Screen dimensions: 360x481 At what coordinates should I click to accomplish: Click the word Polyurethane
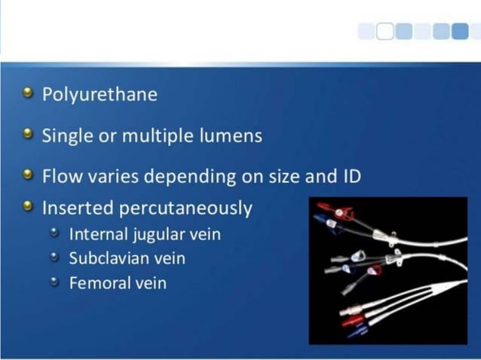click(100, 95)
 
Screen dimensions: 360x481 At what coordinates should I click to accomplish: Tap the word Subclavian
click(107, 258)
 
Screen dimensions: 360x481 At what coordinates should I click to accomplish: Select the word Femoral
click(99, 283)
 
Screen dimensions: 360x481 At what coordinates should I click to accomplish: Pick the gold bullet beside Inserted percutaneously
click(29, 206)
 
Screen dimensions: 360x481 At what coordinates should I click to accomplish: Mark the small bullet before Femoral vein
click(54, 282)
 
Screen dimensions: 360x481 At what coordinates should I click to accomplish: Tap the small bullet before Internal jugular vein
click(54, 233)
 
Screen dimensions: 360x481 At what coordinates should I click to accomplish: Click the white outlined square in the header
click(384, 31)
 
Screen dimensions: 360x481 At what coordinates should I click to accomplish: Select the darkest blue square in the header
click(461, 31)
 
